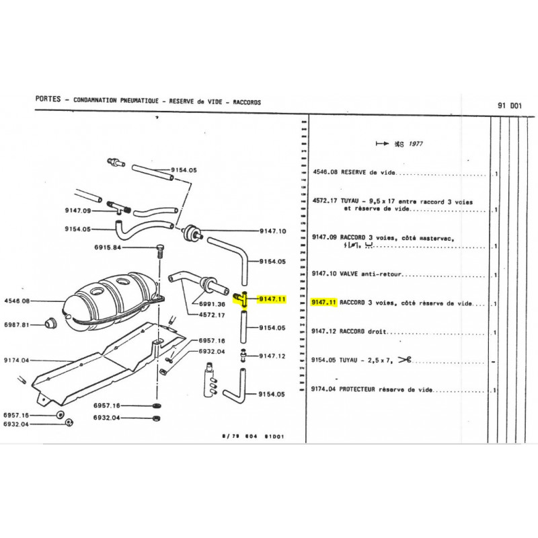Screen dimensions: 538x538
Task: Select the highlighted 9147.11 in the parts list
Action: (x=324, y=303)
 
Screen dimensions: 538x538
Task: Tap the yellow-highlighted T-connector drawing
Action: (x=242, y=299)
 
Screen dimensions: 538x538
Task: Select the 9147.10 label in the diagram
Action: (x=272, y=231)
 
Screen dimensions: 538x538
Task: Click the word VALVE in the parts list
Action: (x=352, y=274)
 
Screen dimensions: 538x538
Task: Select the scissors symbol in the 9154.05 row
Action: (x=404, y=360)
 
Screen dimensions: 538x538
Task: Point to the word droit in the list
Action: (x=377, y=332)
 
